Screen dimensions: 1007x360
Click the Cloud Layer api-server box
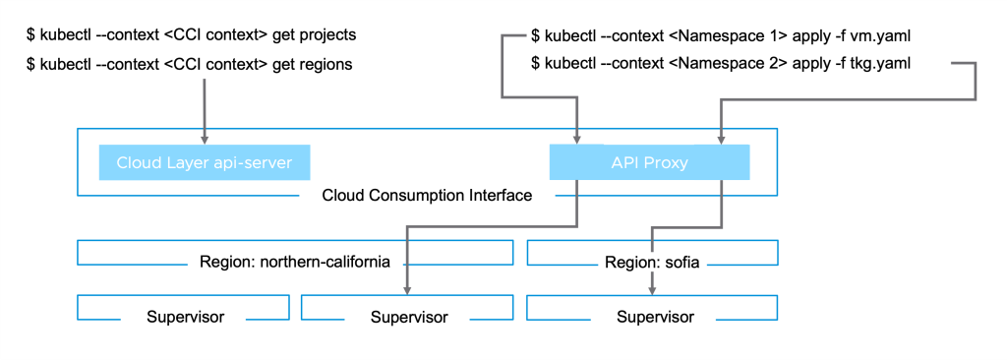[205, 162]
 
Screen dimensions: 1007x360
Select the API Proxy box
[649, 162]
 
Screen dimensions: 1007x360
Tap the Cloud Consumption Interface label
[427, 195]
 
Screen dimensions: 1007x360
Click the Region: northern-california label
[295, 263]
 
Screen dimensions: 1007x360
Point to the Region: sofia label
[652, 263]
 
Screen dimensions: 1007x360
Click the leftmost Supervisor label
[186, 317]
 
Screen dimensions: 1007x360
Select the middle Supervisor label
[409, 317]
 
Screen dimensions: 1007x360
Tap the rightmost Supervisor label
[655, 317]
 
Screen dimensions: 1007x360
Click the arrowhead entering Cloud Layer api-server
[205, 139]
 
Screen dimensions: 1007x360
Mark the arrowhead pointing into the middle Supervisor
[406, 290]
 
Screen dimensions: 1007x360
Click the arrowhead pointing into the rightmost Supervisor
[652, 290]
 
